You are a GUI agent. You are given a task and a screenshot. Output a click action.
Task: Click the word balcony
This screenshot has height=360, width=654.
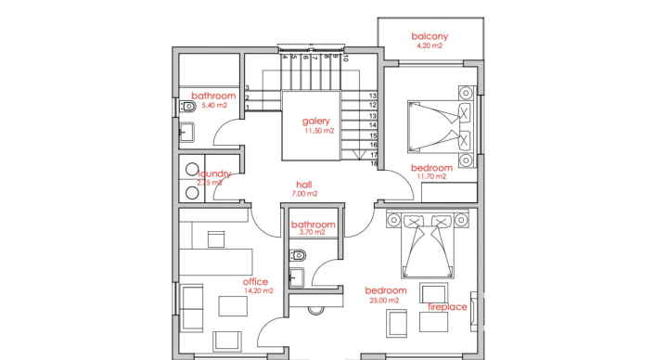[430, 36]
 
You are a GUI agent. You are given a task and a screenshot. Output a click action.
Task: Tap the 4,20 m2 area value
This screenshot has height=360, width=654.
[430, 45]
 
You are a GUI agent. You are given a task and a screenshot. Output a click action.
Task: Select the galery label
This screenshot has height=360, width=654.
[316, 122]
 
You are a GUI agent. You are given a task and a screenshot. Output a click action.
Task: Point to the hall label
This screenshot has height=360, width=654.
[303, 185]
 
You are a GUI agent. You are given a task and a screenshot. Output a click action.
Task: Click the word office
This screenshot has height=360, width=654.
[255, 281]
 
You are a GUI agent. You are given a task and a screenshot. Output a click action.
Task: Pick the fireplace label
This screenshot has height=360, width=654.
[447, 306]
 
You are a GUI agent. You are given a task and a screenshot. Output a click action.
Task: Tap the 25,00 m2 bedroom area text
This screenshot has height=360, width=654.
[385, 301]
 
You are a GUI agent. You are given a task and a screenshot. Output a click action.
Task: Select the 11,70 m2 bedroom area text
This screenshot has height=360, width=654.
[431, 176]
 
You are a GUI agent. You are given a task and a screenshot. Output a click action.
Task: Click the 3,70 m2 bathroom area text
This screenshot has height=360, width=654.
[312, 233]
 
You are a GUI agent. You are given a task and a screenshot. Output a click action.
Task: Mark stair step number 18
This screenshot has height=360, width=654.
[373, 164]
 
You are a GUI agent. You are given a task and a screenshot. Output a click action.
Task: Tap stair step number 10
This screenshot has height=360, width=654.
[346, 57]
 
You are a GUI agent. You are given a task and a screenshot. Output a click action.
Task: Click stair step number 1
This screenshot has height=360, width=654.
[248, 109]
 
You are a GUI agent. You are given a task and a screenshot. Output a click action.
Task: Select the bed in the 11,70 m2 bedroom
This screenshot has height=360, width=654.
[440, 127]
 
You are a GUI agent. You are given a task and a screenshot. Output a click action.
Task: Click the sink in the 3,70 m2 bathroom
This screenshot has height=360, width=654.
[295, 276]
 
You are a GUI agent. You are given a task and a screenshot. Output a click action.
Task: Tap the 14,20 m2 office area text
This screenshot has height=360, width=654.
[259, 290]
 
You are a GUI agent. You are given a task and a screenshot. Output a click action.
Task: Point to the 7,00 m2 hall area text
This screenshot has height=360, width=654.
[304, 194]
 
